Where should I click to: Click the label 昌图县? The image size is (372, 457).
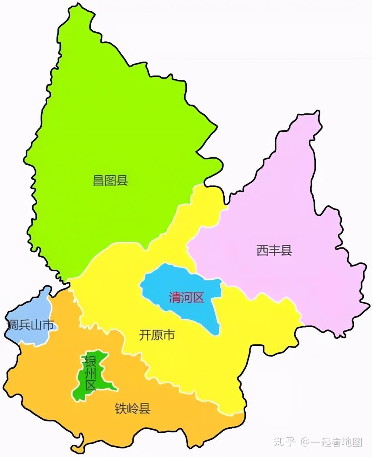coord(110,181)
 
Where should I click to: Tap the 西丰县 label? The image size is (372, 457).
coord(275,250)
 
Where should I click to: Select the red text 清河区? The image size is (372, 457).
coord(187,298)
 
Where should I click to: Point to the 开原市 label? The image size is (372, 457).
coord(157,335)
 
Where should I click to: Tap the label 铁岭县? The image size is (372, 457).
coord(133,409)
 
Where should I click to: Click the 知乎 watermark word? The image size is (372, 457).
coord(285,442)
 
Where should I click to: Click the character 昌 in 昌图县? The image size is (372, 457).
coord(99,181)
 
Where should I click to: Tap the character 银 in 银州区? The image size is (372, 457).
coord(90,361)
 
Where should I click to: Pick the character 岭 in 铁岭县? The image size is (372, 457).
coord(133,409)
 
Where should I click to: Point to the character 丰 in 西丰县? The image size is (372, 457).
coord(275,250)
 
